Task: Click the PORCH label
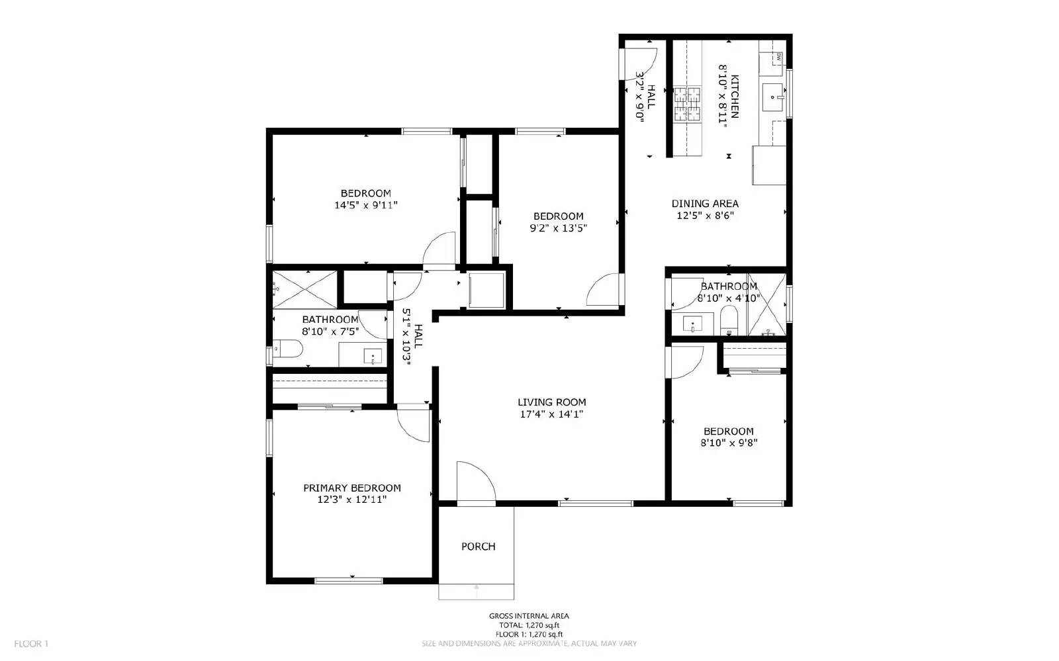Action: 478,547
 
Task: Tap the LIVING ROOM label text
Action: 551,402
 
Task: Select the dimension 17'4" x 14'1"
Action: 551,415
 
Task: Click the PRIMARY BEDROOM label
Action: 351,488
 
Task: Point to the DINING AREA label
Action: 705,204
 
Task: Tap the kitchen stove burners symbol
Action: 687,105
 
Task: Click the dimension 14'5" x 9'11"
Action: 365,206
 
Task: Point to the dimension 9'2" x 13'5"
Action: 558,228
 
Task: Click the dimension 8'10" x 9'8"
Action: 728,443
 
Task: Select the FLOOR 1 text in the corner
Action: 31,644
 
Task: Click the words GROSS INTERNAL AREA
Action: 528,616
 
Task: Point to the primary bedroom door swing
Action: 414,425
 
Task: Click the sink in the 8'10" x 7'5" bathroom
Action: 373,357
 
